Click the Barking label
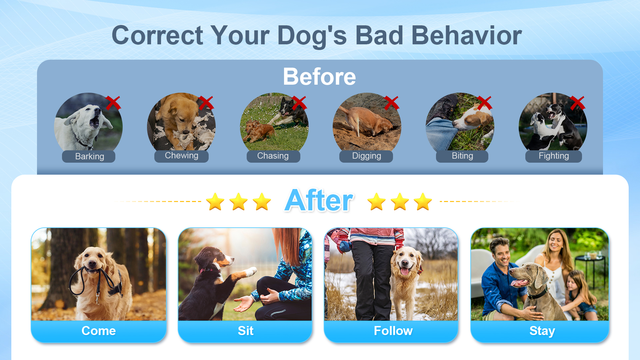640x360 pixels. click(89, 156)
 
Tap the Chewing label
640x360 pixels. click(181, 156)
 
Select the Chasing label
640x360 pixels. click(273, 156)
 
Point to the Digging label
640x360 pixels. click(366, 156)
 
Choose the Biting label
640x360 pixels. click(462, 156)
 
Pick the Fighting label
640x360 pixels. click(553, 156)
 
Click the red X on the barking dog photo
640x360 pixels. click(113, 103)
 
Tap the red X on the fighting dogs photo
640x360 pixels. click(577, 103)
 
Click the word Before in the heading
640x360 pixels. click(319, 77)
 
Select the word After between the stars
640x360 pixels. click(319, 201)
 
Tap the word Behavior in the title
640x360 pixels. click(466, 36)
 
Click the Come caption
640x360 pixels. click(99, 331)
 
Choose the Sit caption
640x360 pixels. click(245, 331)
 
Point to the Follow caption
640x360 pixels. click(393, 331)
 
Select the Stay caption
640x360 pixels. click(542, 331)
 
